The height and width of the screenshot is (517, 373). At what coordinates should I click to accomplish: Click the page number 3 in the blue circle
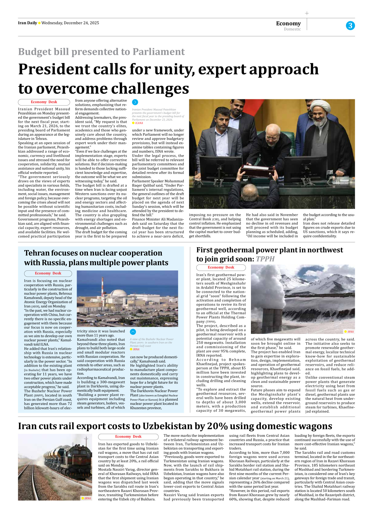(350, 26)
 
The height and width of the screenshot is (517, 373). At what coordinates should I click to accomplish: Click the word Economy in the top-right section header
(288, 23)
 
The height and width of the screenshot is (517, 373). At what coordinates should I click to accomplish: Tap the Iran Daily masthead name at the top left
(27, 23)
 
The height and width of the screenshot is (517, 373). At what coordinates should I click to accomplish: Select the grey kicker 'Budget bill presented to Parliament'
(101, 52)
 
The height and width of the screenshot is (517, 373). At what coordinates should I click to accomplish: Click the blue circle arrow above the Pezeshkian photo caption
(135, 102)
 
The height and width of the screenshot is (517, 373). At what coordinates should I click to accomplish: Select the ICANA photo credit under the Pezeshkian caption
(139, 123)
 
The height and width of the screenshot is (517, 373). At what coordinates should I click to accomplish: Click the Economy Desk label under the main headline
(44, 102)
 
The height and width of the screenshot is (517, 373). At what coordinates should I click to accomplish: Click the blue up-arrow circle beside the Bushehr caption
(133, 332)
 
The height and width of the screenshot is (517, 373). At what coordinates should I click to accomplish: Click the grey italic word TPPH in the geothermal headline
(265, 259)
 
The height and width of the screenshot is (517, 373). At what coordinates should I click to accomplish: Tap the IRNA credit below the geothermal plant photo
(350, 332)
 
